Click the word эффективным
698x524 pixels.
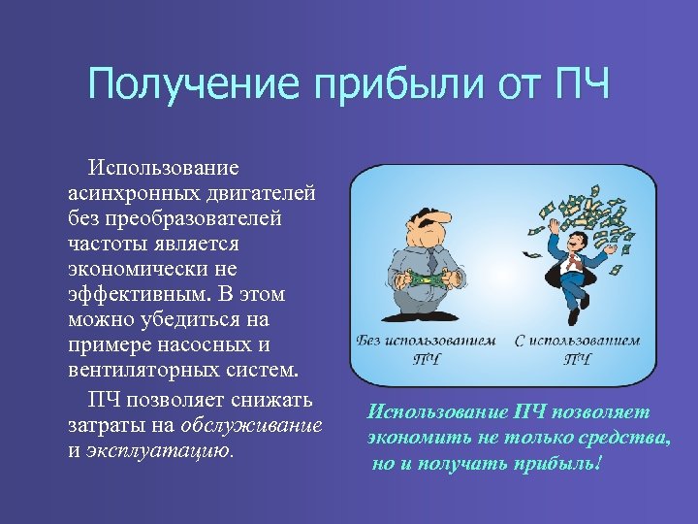(136, 294)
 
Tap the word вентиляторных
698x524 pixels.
(136, 370)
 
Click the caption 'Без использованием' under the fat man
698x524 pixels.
(426, 342)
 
